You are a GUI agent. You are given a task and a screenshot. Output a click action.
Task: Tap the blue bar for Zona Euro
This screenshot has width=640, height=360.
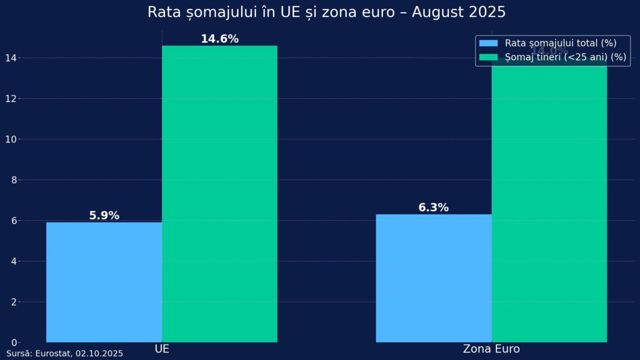[434, 278]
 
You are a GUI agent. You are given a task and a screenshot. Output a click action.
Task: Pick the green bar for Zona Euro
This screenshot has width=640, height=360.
[549, 203]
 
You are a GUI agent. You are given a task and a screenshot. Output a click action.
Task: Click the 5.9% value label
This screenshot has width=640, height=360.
[104, 215]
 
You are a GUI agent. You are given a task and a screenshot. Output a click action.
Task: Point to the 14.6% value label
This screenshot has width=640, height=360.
[219, 39]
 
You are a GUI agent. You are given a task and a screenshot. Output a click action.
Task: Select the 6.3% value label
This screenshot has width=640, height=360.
[434, 207]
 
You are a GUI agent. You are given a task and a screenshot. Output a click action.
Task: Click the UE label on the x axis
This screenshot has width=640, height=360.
[162, 349]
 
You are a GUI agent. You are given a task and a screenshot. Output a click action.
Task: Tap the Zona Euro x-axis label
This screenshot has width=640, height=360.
[491, 349]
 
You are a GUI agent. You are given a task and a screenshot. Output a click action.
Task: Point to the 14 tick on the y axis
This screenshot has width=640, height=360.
[14, 58]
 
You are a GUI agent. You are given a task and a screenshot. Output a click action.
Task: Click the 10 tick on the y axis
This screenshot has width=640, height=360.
[14, 139]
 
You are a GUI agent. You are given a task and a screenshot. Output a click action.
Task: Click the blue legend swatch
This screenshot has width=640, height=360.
[489, 43]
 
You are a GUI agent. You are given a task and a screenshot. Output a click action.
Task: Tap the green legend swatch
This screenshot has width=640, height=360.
[489, 57]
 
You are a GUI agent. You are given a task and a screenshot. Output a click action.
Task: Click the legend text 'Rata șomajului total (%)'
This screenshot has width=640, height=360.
[561, 43]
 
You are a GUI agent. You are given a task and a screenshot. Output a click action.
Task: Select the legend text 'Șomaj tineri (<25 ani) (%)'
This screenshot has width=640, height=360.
[565, 57]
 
